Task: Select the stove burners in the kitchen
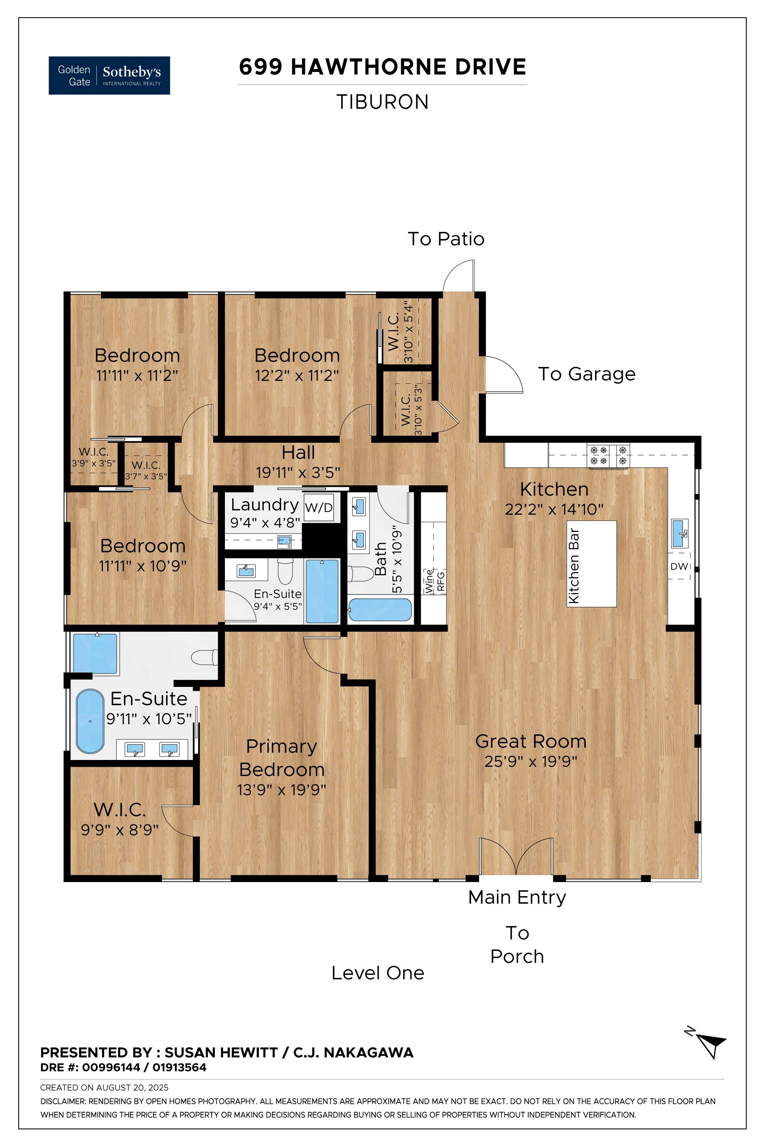tap(609, 455)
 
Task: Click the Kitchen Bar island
tap(592, 563)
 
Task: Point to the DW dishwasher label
tap(679, 566)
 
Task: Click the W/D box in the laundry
tap(319, 508)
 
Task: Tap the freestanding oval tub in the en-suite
tap(90, 721)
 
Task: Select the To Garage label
tap(587, 374)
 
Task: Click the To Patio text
tap(446, 239)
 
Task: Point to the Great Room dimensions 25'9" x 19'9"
tap(531, 762)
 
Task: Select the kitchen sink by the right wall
tap(680, 533)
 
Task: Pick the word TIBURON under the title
tap(382, 102)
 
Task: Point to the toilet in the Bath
tap(357, 574)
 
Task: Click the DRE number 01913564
tap(179, 1068)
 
